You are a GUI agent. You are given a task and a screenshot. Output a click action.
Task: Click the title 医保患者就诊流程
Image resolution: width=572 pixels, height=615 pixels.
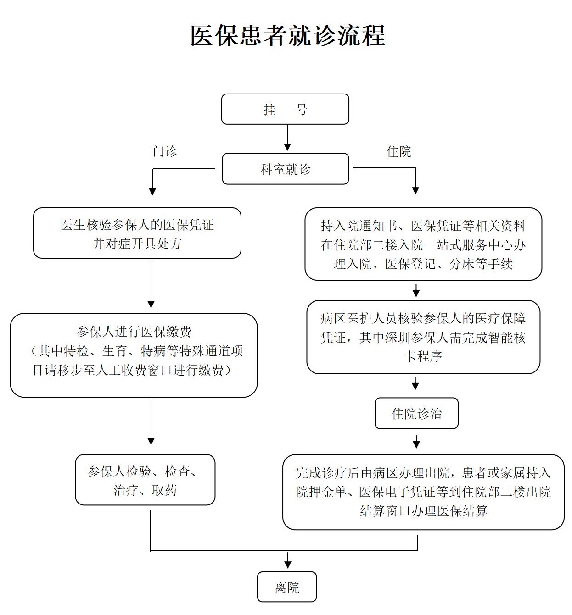(x=288, y=36)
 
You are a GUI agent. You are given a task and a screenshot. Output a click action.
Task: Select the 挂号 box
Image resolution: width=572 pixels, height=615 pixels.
(x=285, y=109)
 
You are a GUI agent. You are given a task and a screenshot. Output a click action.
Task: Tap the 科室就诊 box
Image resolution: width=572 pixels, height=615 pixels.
(x=286, y=169)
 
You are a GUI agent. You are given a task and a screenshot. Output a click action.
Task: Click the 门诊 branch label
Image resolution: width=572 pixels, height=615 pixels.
(x=165, y=151)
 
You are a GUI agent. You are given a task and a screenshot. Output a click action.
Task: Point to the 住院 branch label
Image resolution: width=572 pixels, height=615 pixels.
(x=398, y=152)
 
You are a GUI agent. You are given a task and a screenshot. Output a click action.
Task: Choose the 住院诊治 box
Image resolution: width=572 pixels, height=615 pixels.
(x=416, y=413)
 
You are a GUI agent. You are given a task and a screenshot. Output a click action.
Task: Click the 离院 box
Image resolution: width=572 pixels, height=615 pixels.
(x=287, y=587)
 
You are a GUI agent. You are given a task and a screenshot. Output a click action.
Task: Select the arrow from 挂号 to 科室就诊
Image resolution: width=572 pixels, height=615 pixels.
(x=287, y=138)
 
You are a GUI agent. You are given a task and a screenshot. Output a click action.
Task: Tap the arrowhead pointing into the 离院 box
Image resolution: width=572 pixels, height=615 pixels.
(x=288, y=565)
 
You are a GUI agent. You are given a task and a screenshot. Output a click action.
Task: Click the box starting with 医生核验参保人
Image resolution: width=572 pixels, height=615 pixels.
(x=137, y=233)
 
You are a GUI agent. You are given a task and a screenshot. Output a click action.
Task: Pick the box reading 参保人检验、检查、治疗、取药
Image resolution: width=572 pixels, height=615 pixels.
(x=145, y=480)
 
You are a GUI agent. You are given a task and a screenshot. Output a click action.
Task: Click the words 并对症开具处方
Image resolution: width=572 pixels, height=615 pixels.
(x=137, y=244)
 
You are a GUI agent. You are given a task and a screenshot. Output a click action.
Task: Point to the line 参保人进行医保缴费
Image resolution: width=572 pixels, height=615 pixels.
(x=134, y=332)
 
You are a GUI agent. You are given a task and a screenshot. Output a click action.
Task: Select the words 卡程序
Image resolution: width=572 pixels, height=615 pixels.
(x=423, y=356)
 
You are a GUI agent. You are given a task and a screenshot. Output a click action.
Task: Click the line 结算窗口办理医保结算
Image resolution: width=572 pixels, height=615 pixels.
(x=424, y=511)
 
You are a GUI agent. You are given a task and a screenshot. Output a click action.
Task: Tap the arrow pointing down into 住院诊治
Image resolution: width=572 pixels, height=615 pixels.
(x=415, y=383)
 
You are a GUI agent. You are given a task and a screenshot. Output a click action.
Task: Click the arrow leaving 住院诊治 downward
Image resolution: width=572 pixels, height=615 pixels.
(x=416, y=442)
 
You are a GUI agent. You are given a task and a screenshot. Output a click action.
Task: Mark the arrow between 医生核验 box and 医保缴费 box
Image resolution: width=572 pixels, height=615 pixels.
(x=151, y=285)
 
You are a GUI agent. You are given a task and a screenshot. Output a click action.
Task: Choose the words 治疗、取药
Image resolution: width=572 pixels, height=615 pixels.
(x=145, y=491)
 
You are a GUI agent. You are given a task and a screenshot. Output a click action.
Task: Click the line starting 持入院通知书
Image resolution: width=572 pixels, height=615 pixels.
(x=423, y=226)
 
